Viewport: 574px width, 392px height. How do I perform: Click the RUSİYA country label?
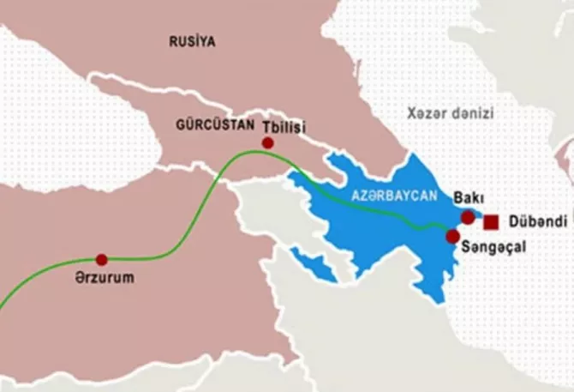(192, 40)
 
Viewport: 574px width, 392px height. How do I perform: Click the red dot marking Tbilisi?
(268, 142)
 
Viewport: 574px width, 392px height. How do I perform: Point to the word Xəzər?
(426, 112)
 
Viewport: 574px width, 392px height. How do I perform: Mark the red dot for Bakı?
(467, 217)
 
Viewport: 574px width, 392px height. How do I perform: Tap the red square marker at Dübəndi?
(491, 223)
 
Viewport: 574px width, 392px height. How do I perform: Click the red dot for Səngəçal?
(452, 234)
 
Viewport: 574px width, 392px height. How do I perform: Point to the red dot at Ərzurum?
(102, 259)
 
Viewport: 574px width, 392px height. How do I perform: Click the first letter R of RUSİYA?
(173, 40)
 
